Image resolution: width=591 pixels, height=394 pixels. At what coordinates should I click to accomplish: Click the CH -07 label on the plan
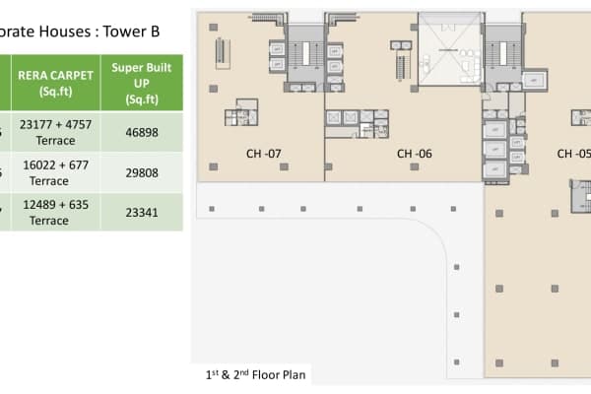[x=264, y=154]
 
